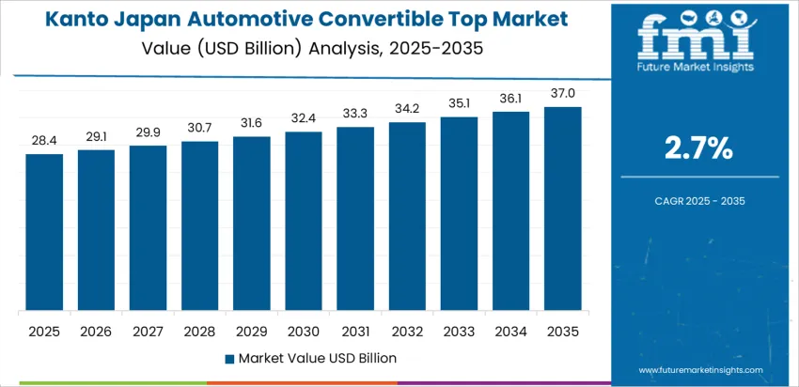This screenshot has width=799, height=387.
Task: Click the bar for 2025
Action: (x=44, y=232)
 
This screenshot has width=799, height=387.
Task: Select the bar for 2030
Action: (x=304, y=222)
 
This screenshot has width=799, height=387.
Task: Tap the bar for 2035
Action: (x=563, y=209)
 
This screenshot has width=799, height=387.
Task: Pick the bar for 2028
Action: (x=199, y=226)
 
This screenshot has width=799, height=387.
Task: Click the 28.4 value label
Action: (x=44, y=141)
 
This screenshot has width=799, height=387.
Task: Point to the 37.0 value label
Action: (x=563, y=93)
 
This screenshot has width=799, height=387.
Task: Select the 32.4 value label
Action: (x=304, y=118)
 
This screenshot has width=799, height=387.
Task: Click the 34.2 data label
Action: (x=407, y=109)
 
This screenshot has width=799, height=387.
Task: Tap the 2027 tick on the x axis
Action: (x=148, y=331)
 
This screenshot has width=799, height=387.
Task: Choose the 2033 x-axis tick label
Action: (x=459, y=331)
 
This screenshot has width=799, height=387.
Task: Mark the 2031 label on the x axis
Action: (x=355, y=331)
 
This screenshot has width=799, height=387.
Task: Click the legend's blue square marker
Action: (x=229, y=358)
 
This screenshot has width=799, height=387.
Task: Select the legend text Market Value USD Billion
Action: (x=317, y=358)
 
